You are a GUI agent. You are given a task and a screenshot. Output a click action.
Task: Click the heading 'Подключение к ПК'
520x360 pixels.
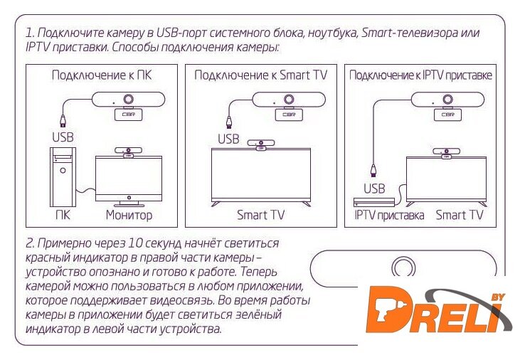(x=102, y=75)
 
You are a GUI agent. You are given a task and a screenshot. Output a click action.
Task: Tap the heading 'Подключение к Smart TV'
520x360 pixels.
(x=260, y=75)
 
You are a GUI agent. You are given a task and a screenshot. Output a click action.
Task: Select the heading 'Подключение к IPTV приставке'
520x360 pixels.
(x=420, y=75)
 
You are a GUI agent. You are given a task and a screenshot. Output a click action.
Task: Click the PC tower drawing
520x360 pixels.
(x=63, y=176)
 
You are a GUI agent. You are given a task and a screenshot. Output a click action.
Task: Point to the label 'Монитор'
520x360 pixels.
(x=129, y=215)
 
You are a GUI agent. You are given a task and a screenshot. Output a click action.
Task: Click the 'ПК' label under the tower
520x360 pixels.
(x=63, y=215)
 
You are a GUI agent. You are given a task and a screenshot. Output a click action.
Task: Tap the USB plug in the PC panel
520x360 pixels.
(x=63, y=121)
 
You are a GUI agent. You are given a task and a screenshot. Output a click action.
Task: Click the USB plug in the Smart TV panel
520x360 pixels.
(x=228, y=122)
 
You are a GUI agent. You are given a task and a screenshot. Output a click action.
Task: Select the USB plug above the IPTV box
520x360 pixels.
(x=373, y=171)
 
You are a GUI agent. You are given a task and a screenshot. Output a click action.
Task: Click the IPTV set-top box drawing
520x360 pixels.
(x=374, y=202)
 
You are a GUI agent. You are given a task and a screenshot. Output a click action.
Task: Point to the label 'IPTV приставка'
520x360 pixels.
(x=389, y=216)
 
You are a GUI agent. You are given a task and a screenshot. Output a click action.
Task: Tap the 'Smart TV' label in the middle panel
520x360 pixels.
(x=260, y=215)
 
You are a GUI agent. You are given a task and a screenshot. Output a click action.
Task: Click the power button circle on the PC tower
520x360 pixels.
(x=63, y=171)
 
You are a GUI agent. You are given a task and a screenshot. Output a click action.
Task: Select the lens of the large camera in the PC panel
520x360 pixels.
(x=129, y=100)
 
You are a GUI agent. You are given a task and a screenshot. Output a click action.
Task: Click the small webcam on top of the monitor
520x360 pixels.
(x=128, y=152)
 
